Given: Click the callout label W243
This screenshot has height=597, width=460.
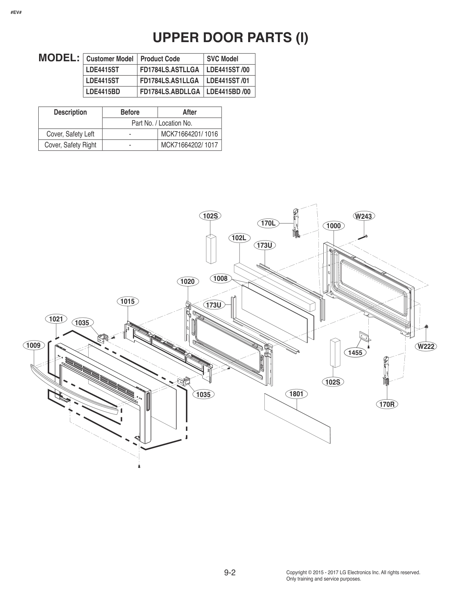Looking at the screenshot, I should [x=363, y=216].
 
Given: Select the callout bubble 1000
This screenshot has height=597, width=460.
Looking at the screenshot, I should [x=333, y=226].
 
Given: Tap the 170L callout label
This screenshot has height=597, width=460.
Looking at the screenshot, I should [x=268, y=223].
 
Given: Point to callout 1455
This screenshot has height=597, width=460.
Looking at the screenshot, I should [x=355, y=352].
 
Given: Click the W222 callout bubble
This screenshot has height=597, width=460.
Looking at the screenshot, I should [x=426, y=346].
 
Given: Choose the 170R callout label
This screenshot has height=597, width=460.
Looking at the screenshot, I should [x=387, y=404].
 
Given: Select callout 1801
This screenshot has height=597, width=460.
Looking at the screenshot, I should [x=296, y=394].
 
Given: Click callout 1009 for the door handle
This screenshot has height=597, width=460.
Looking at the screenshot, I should [x=33, y=345].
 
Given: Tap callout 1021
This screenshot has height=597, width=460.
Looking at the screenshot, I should [x=56, y=319].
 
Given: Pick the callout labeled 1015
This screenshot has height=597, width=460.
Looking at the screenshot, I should [x=128, y=301].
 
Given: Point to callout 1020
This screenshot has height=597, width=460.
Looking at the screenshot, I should [x=187, y=281].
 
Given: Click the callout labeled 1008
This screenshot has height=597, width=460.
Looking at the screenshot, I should [x=220, y=279].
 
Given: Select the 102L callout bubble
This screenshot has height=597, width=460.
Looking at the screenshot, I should [x=239, y=238].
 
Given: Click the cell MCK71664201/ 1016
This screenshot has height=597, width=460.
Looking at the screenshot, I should [x=189, y=134].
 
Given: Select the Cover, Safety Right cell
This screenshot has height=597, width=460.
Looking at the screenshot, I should [x=70, y=145].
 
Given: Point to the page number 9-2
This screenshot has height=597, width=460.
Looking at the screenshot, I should [x=230, y=573].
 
